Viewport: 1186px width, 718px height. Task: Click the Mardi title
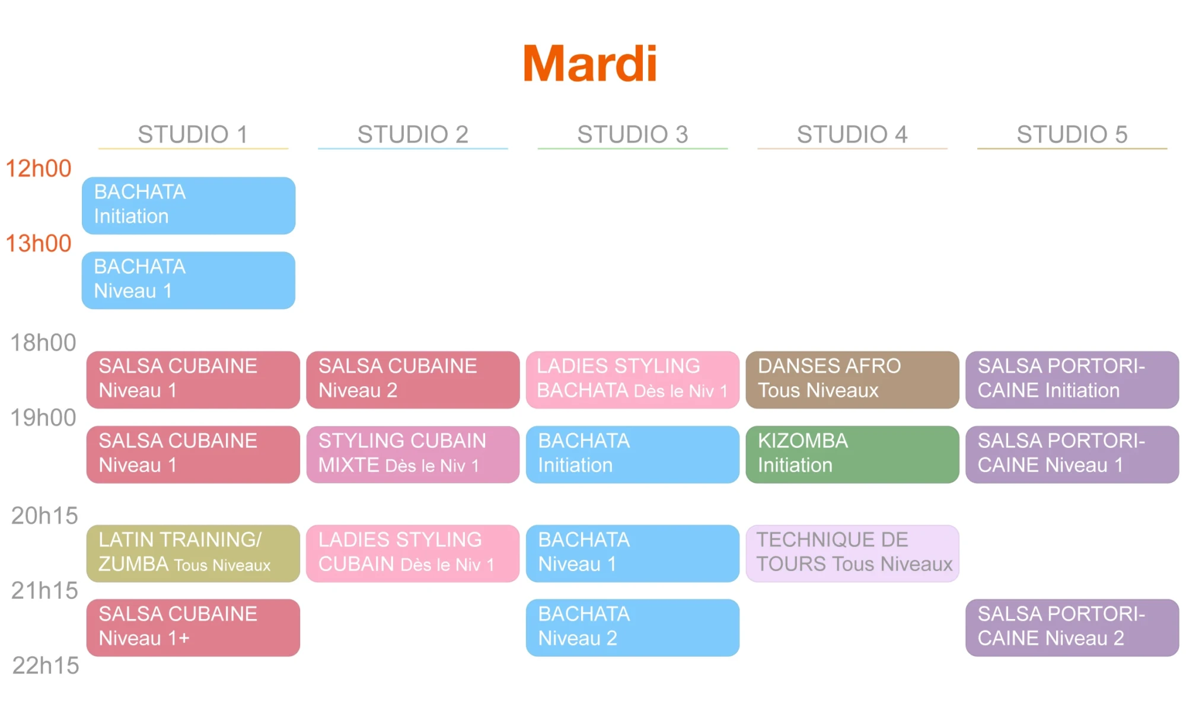(x=590, y=63)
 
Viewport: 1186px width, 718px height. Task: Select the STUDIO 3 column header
(x=632, y=134)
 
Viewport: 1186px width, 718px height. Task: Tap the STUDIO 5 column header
(x=1072, y=134)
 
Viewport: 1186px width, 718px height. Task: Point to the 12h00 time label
(x=39, y=169)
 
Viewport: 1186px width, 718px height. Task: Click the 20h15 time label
(x=44, y=516)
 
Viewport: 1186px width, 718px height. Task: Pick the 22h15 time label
(x=46, y=666)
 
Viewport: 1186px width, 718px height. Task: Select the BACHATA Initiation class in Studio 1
(x=189, y=205)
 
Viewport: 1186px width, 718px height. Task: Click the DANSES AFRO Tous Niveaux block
(x=852, y=379)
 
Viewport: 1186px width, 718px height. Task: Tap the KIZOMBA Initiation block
(x=852, y=454)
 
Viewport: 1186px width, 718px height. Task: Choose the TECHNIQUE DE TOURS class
(x=852, y=553)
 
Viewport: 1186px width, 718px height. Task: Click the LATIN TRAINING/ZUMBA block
(x=193, y=553)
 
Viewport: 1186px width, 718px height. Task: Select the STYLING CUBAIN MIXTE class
(x=413, y=454)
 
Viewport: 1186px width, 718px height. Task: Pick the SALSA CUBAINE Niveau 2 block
(x=413, y=379)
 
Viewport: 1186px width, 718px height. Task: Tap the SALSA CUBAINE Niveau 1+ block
(x=193, y=627)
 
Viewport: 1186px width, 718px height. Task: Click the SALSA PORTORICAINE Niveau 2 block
(x=1072, y=627)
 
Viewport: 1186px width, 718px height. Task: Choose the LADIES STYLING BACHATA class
(x=632, y=379)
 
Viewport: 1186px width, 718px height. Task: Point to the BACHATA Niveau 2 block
(x=632, y=627)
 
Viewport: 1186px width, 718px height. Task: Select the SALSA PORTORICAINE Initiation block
(x=1072, y=379)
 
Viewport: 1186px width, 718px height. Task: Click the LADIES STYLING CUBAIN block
(x=413, y=553)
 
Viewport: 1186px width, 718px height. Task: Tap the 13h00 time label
(x=39, y=243)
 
